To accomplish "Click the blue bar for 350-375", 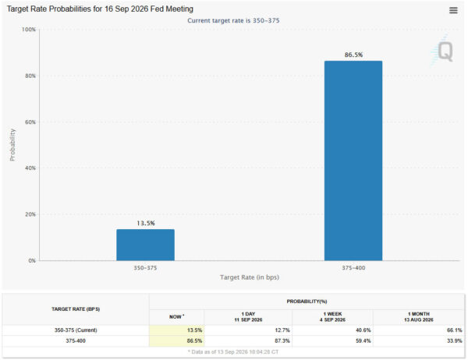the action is point(145,245).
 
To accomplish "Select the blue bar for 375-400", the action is point(353,161).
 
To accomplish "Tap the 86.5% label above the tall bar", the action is point(353,55).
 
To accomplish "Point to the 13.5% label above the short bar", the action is point(146,223).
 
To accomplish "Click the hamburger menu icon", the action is point(453,10).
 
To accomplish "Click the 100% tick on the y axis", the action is point(29,30).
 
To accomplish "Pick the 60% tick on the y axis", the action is point(30,122).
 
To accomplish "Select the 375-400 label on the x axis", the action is point(353,268).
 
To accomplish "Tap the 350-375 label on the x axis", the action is point(145,268).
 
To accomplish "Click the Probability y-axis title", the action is point(12,145).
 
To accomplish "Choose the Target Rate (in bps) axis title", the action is point(250,277).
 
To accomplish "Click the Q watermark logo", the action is point(442,51).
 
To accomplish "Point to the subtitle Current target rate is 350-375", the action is point(233,20).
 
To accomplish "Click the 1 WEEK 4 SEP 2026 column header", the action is point(332,316).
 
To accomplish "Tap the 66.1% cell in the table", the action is point(454,330).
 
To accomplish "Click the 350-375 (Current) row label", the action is point(76,330).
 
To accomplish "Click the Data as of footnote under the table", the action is point(233,352).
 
